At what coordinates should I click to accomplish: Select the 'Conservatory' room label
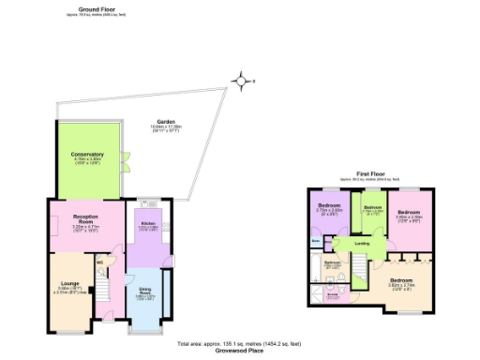pos(86,154)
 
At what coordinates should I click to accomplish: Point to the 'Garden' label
pos(167,121)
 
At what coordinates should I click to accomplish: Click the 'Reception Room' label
pos(86,217)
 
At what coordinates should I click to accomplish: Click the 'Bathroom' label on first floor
pos(333,263)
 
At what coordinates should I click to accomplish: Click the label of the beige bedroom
pos(400,280)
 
